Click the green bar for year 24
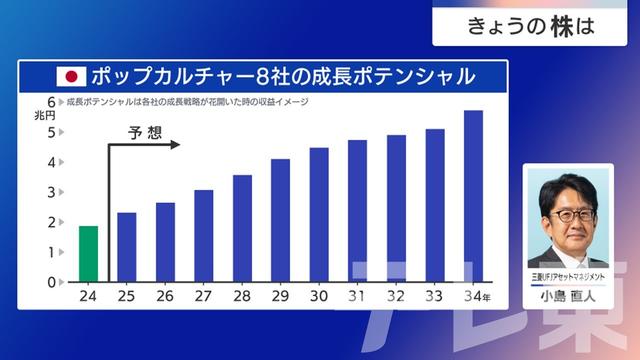(89, 254)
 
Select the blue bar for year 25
(127, 247)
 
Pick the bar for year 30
(319, 214)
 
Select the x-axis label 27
(204, 296)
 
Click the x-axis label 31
(357, 296)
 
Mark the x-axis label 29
(281, 296)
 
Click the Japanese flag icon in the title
(72, 76)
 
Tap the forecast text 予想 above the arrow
(145, 131)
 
